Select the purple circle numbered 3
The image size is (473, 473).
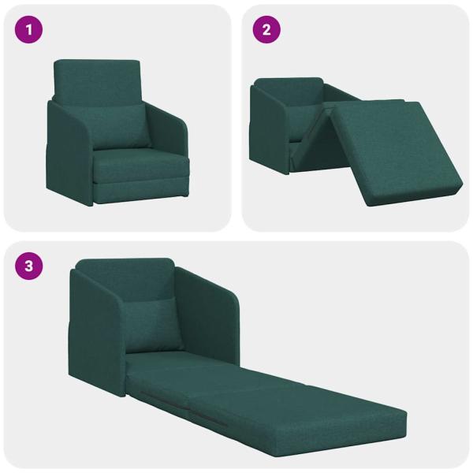tap(30, 266)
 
